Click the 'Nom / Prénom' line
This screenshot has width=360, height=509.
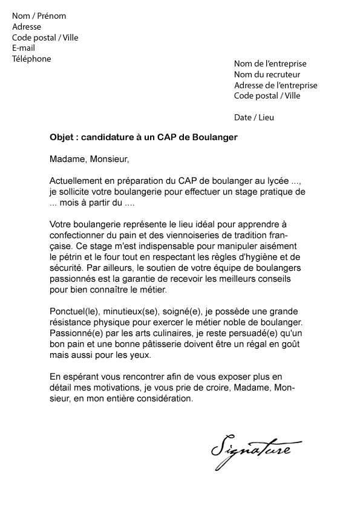point(39,16)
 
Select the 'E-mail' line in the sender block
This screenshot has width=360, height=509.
point(24,48)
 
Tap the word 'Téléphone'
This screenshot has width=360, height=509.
point(31,59)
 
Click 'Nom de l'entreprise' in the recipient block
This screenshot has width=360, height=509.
point(270,63)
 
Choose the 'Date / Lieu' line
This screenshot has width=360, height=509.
point(254,117)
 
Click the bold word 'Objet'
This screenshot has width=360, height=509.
point(62,137)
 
